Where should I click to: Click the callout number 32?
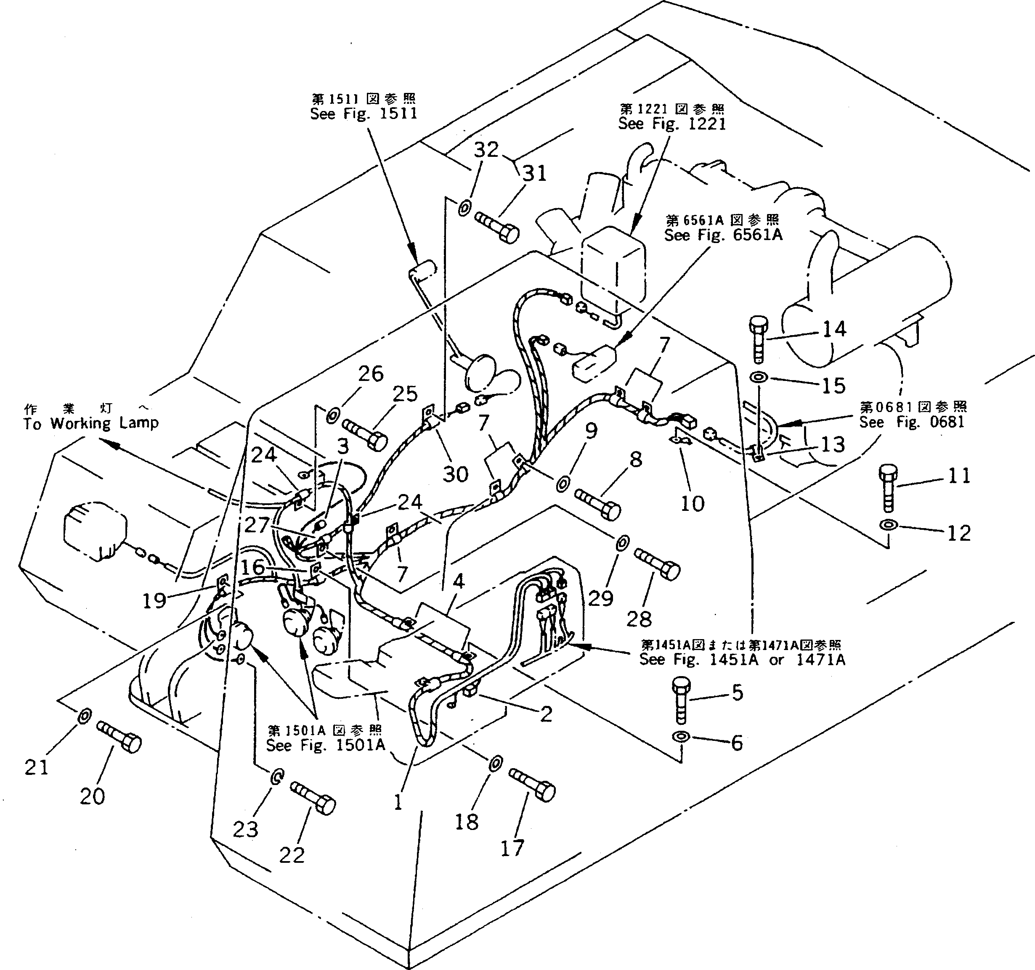[486, 150]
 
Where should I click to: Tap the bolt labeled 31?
[497, 227]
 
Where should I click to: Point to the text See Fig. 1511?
[364, 114]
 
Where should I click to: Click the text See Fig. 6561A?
[723, 235]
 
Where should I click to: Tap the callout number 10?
[693, 503]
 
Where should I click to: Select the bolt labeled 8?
[598, 503]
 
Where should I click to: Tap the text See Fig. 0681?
[912, 422]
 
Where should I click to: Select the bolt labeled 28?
[658, 563]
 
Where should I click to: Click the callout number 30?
[455, 474]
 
